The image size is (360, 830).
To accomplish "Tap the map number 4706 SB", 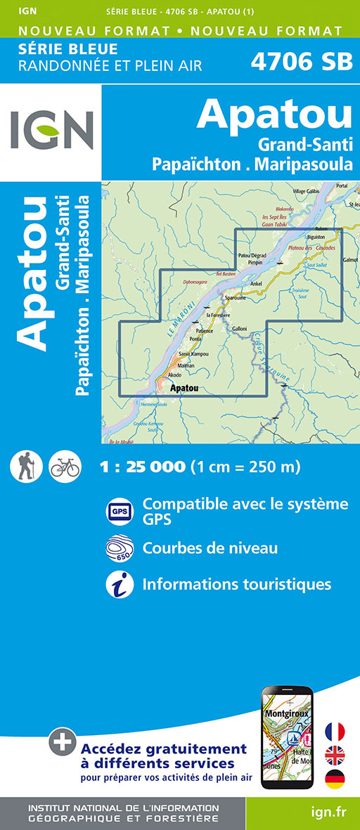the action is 302,61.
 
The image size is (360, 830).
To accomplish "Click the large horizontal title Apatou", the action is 274,115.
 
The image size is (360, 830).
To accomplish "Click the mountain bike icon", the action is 65,466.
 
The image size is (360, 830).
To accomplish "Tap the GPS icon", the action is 119,512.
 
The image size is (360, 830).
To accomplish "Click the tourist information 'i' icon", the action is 119,584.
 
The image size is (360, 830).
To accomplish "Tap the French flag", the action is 335,732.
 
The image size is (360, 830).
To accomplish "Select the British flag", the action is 335,756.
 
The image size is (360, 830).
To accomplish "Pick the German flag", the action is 335,779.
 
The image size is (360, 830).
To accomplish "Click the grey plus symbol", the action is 62,740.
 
